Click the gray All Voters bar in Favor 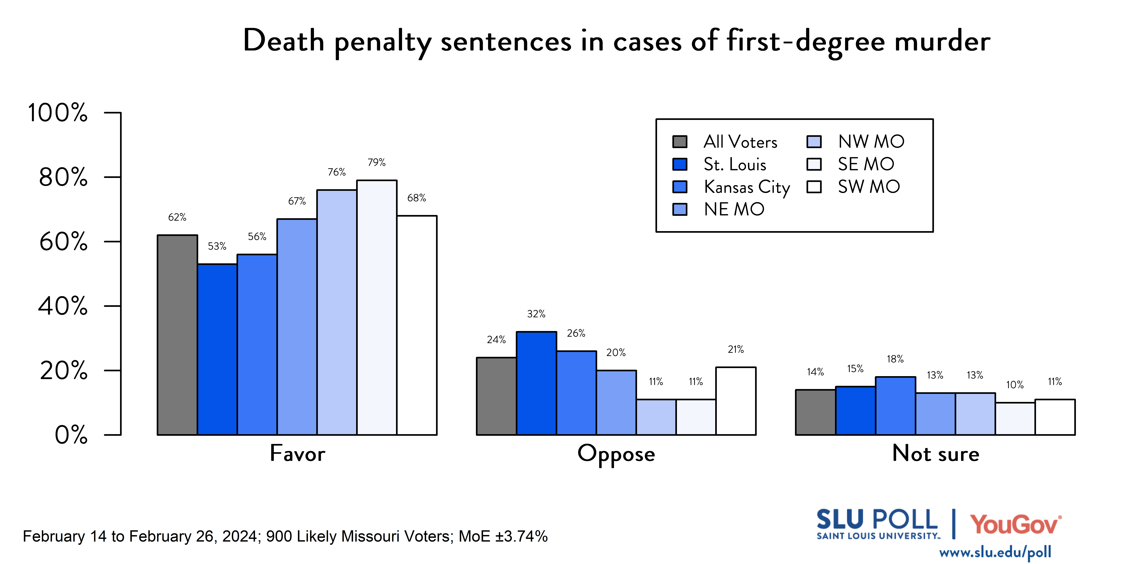click(x=177, y=335)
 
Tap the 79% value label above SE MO click(x=377, y=162)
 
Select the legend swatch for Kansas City click(x=680, y=187)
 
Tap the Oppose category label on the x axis click(x=616, y=454)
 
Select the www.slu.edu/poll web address click(x=995, y=552)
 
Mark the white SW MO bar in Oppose click(x=736, y=401)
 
